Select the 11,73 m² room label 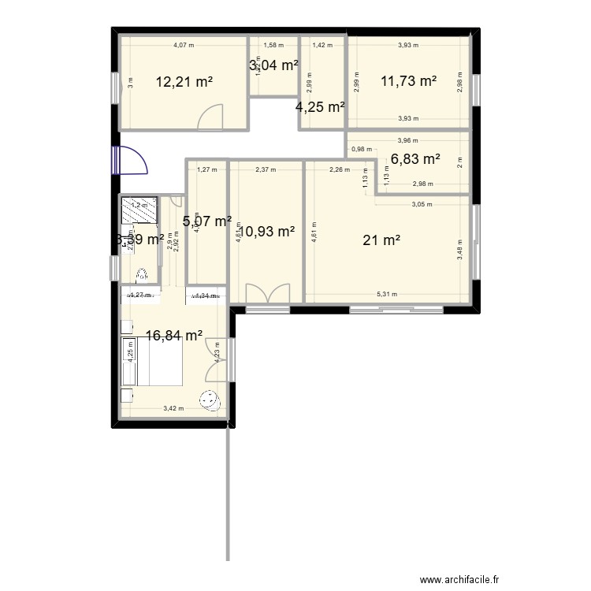(x=408, y=80)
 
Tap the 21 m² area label (x=381, y=240)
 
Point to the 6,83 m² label (x=414, y=158)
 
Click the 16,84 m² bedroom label (x=174, y=335)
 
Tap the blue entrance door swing (x=131, y=161)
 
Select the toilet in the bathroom (x=142, y=276)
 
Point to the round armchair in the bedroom (x=210, y=400)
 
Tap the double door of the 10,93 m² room (x=266, y=293)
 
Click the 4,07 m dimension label (x=184, y=46)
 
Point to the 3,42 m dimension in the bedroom (x=173, y=408)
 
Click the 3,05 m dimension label (x=422, y=203)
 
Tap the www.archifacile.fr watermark (x=460, y=579)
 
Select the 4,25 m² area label (x=320, y=107)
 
